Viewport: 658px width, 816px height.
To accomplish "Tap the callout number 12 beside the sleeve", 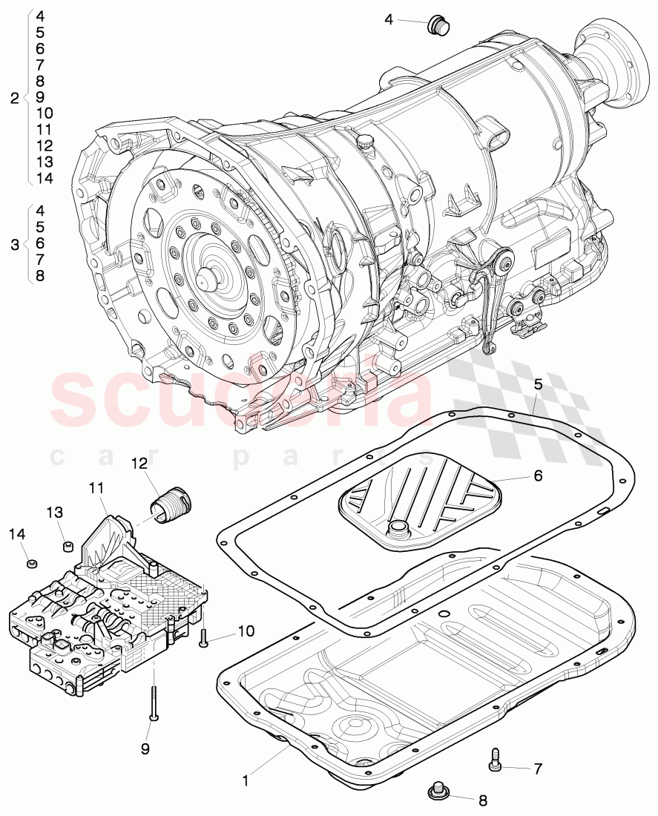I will click(139, 464).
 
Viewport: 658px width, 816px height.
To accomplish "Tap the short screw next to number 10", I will click(204, 636).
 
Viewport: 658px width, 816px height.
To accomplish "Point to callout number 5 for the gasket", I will click(539, 384).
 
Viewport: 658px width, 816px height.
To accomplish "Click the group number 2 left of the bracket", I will click(15, 97).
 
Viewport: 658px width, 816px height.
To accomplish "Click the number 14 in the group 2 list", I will click(44, 178).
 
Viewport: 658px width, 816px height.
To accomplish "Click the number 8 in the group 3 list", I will click(40, 275).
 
